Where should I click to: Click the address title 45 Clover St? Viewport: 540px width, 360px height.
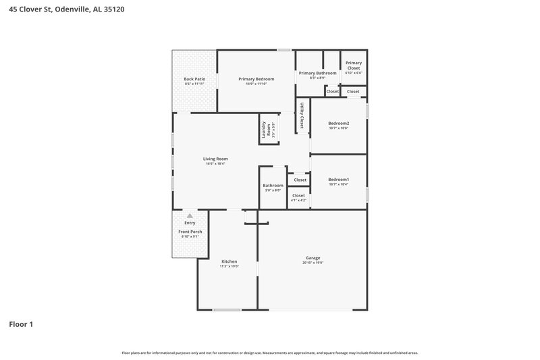(x=65, y=10)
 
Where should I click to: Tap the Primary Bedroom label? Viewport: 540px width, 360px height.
(x=256, y=79)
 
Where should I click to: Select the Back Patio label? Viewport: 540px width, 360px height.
(x=194, y=79)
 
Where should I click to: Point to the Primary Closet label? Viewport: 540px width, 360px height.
(x=354, y=65)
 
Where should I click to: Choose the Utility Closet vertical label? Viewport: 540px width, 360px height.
(x=302, y=115)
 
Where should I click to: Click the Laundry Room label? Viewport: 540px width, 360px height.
(x=269, y=129)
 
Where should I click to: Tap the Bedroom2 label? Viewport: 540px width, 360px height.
(x=338, y=123)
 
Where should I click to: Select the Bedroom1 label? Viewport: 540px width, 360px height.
(x=338, y=179)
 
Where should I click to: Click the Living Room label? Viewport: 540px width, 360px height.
(x=215, y=159)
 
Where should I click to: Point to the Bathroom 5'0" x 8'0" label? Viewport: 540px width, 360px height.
(x=273, y=186)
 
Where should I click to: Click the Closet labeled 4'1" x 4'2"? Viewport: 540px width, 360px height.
(x=298, y=196)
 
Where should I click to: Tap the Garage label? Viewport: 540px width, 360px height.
(x=313, y=257)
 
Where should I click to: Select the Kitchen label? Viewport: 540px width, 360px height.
(x=230, y=261)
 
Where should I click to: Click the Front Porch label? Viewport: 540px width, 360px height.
(x=190, y=232)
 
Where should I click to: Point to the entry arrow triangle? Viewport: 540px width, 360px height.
(x=190, y=215)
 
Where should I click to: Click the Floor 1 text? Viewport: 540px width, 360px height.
(x=21, y=324)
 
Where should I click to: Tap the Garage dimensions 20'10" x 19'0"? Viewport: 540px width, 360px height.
(x=313, y=262)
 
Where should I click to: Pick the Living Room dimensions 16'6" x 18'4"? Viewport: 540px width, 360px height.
(x=215, y=163)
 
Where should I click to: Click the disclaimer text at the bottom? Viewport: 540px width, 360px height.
(x=270, y=353)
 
